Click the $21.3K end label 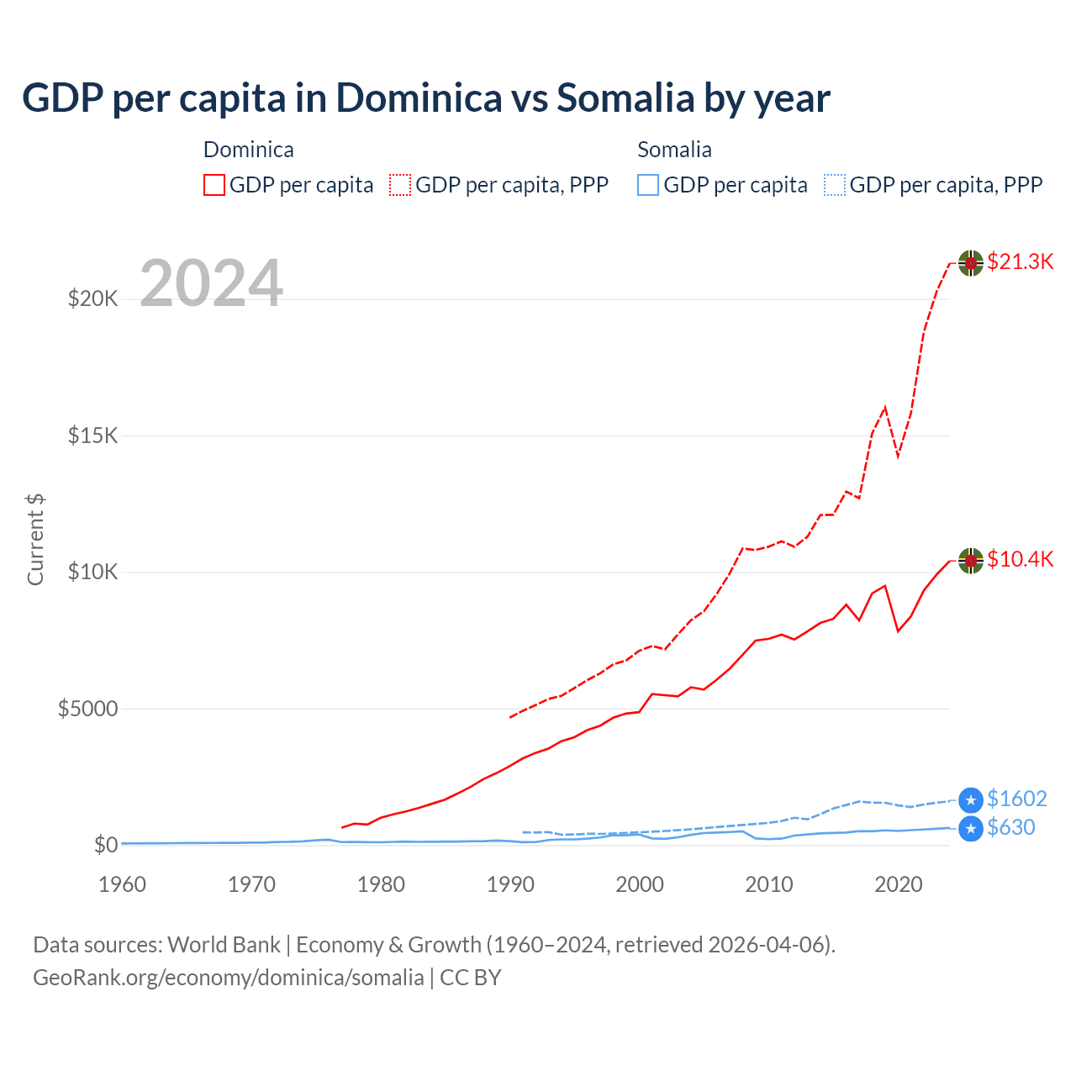coord(1020,261)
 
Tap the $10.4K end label coord(1020,559)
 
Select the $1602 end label coord(1016,799)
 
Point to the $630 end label coord(1010,827)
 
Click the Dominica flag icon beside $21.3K coord(971,262)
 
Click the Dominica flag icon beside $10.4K coord(971,560)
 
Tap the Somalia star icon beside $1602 coord(971,799)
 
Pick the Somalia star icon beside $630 coord(971,828)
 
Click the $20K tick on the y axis coord(92,298)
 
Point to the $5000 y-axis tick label coord(87,709)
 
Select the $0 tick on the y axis coord(105,845)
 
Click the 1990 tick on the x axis coord(510,884)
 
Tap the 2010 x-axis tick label coord(769,884)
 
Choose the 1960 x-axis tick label coord(122,884)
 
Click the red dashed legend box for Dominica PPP coord(400,185)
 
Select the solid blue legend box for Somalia coord(648,185)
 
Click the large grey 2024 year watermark coord(211,283)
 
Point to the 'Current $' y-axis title coord(35,539)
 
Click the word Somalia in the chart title coord(625,98)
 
